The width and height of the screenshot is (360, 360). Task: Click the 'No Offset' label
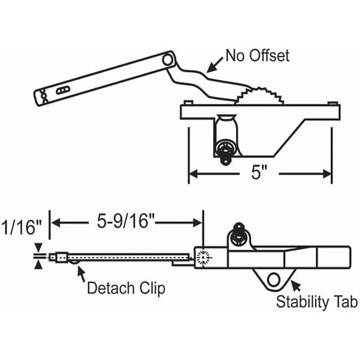point(257,56)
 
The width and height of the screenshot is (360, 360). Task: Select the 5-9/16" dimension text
point(125,221)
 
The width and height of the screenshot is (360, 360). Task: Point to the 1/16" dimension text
point(22,227)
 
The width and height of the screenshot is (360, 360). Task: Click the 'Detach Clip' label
point(126,288)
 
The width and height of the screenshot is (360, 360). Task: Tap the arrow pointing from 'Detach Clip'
point(81,274)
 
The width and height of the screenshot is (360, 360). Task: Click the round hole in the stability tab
point(274,280)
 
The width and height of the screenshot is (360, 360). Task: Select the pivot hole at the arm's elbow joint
point(167,60)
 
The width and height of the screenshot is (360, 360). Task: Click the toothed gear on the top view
point(259,96)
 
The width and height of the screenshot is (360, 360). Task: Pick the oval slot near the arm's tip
point(63,90)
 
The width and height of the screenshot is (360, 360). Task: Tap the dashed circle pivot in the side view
point(203,257)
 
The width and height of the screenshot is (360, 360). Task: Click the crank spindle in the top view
point(225,152)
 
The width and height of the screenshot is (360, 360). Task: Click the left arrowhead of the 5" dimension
point(193,174)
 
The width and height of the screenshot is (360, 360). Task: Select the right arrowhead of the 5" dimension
point(327,174)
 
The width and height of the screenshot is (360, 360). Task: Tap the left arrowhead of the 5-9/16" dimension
point(56,223)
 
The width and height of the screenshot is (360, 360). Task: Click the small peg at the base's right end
point(333,103)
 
